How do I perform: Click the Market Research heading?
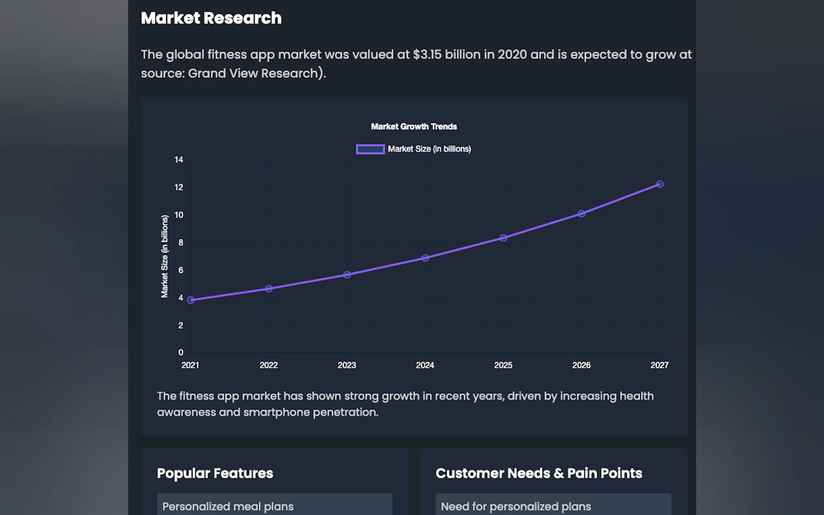coord(211,18)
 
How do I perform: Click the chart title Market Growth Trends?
coord(414,127)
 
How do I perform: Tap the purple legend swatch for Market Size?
coord(370,149)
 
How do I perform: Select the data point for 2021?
coord(191,300)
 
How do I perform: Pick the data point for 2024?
coord(425,258)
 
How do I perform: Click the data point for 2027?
coord(660,184)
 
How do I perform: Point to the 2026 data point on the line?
coord(581,214)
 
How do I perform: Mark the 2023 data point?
coord(347,275)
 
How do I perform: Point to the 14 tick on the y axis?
coord(179,160)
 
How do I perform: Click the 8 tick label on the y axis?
coord(181,243)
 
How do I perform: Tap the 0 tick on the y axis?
coord(181,353)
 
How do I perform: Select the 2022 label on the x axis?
coord(269,365)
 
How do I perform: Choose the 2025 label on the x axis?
coord(503,365)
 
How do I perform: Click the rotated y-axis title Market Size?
coord(164,256)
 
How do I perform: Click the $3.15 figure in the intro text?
coord(427,54)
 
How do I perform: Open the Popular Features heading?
coord(215,473)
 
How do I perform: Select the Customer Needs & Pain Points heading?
coord(539,473)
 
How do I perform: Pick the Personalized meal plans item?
coord(228,506)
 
